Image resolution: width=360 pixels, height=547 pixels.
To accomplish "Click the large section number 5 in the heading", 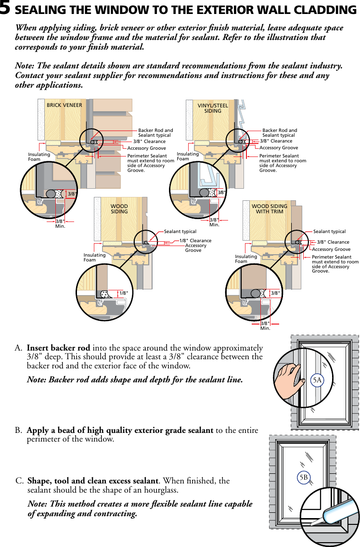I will (x=6, y=9).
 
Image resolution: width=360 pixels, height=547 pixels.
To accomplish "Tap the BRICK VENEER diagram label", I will (x=64, y=105).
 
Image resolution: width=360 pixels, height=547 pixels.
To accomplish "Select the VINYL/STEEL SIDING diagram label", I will (x=213, y=108).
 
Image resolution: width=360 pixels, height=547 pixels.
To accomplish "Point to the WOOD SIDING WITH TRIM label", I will (x=270, y=208).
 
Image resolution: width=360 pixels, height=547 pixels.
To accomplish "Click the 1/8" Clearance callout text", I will (x=195, y=241).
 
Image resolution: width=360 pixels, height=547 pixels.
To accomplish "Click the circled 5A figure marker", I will (x=317, y=380).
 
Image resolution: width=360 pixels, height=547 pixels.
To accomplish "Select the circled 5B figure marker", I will (x=303, y=477).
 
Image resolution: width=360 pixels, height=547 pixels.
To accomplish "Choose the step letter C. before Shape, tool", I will (x=20, y=481).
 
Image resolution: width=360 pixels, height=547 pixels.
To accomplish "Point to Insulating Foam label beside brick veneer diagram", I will (x=39, y=157).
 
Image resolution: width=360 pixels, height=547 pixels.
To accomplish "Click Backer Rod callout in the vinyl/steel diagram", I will (x=280, y=133).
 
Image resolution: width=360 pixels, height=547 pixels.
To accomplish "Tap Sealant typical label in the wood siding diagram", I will (x=180, y=232).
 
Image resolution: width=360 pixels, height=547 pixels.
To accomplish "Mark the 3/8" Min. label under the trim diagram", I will (x=265, y=326).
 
